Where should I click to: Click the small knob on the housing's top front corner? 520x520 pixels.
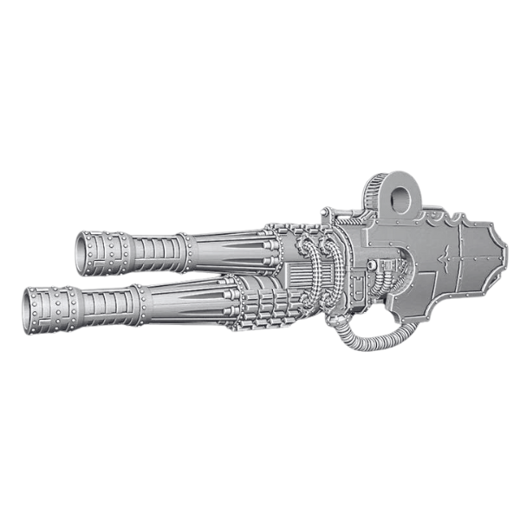324,211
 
